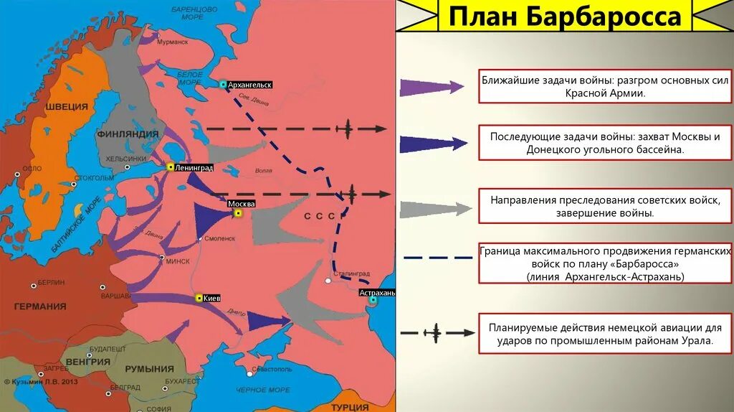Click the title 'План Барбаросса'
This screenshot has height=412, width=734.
pyautogui.click(x=565, y=16)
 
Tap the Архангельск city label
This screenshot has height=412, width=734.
pyautogui.click(x=252, y=85)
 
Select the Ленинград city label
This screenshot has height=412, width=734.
pyautogui.click(x=194, y=167)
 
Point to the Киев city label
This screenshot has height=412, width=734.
pyautogui.click(x=212, y=298)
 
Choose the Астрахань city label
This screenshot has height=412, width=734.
pyautogui.click(x=377, y=294)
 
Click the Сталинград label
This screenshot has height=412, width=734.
pyautogui.click(x=351, y=273)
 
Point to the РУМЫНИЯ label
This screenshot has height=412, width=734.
pyautogui.click(x=149, y=369)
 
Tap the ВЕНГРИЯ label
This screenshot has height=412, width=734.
pyautogui.click(x=87, y=362)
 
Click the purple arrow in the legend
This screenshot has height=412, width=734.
pyautogui.click(x=433, y=88)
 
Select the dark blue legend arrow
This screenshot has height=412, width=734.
pyautogui.click(x=433, y=144)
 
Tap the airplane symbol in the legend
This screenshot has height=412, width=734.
pyautogui.click(x=433, y=332)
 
